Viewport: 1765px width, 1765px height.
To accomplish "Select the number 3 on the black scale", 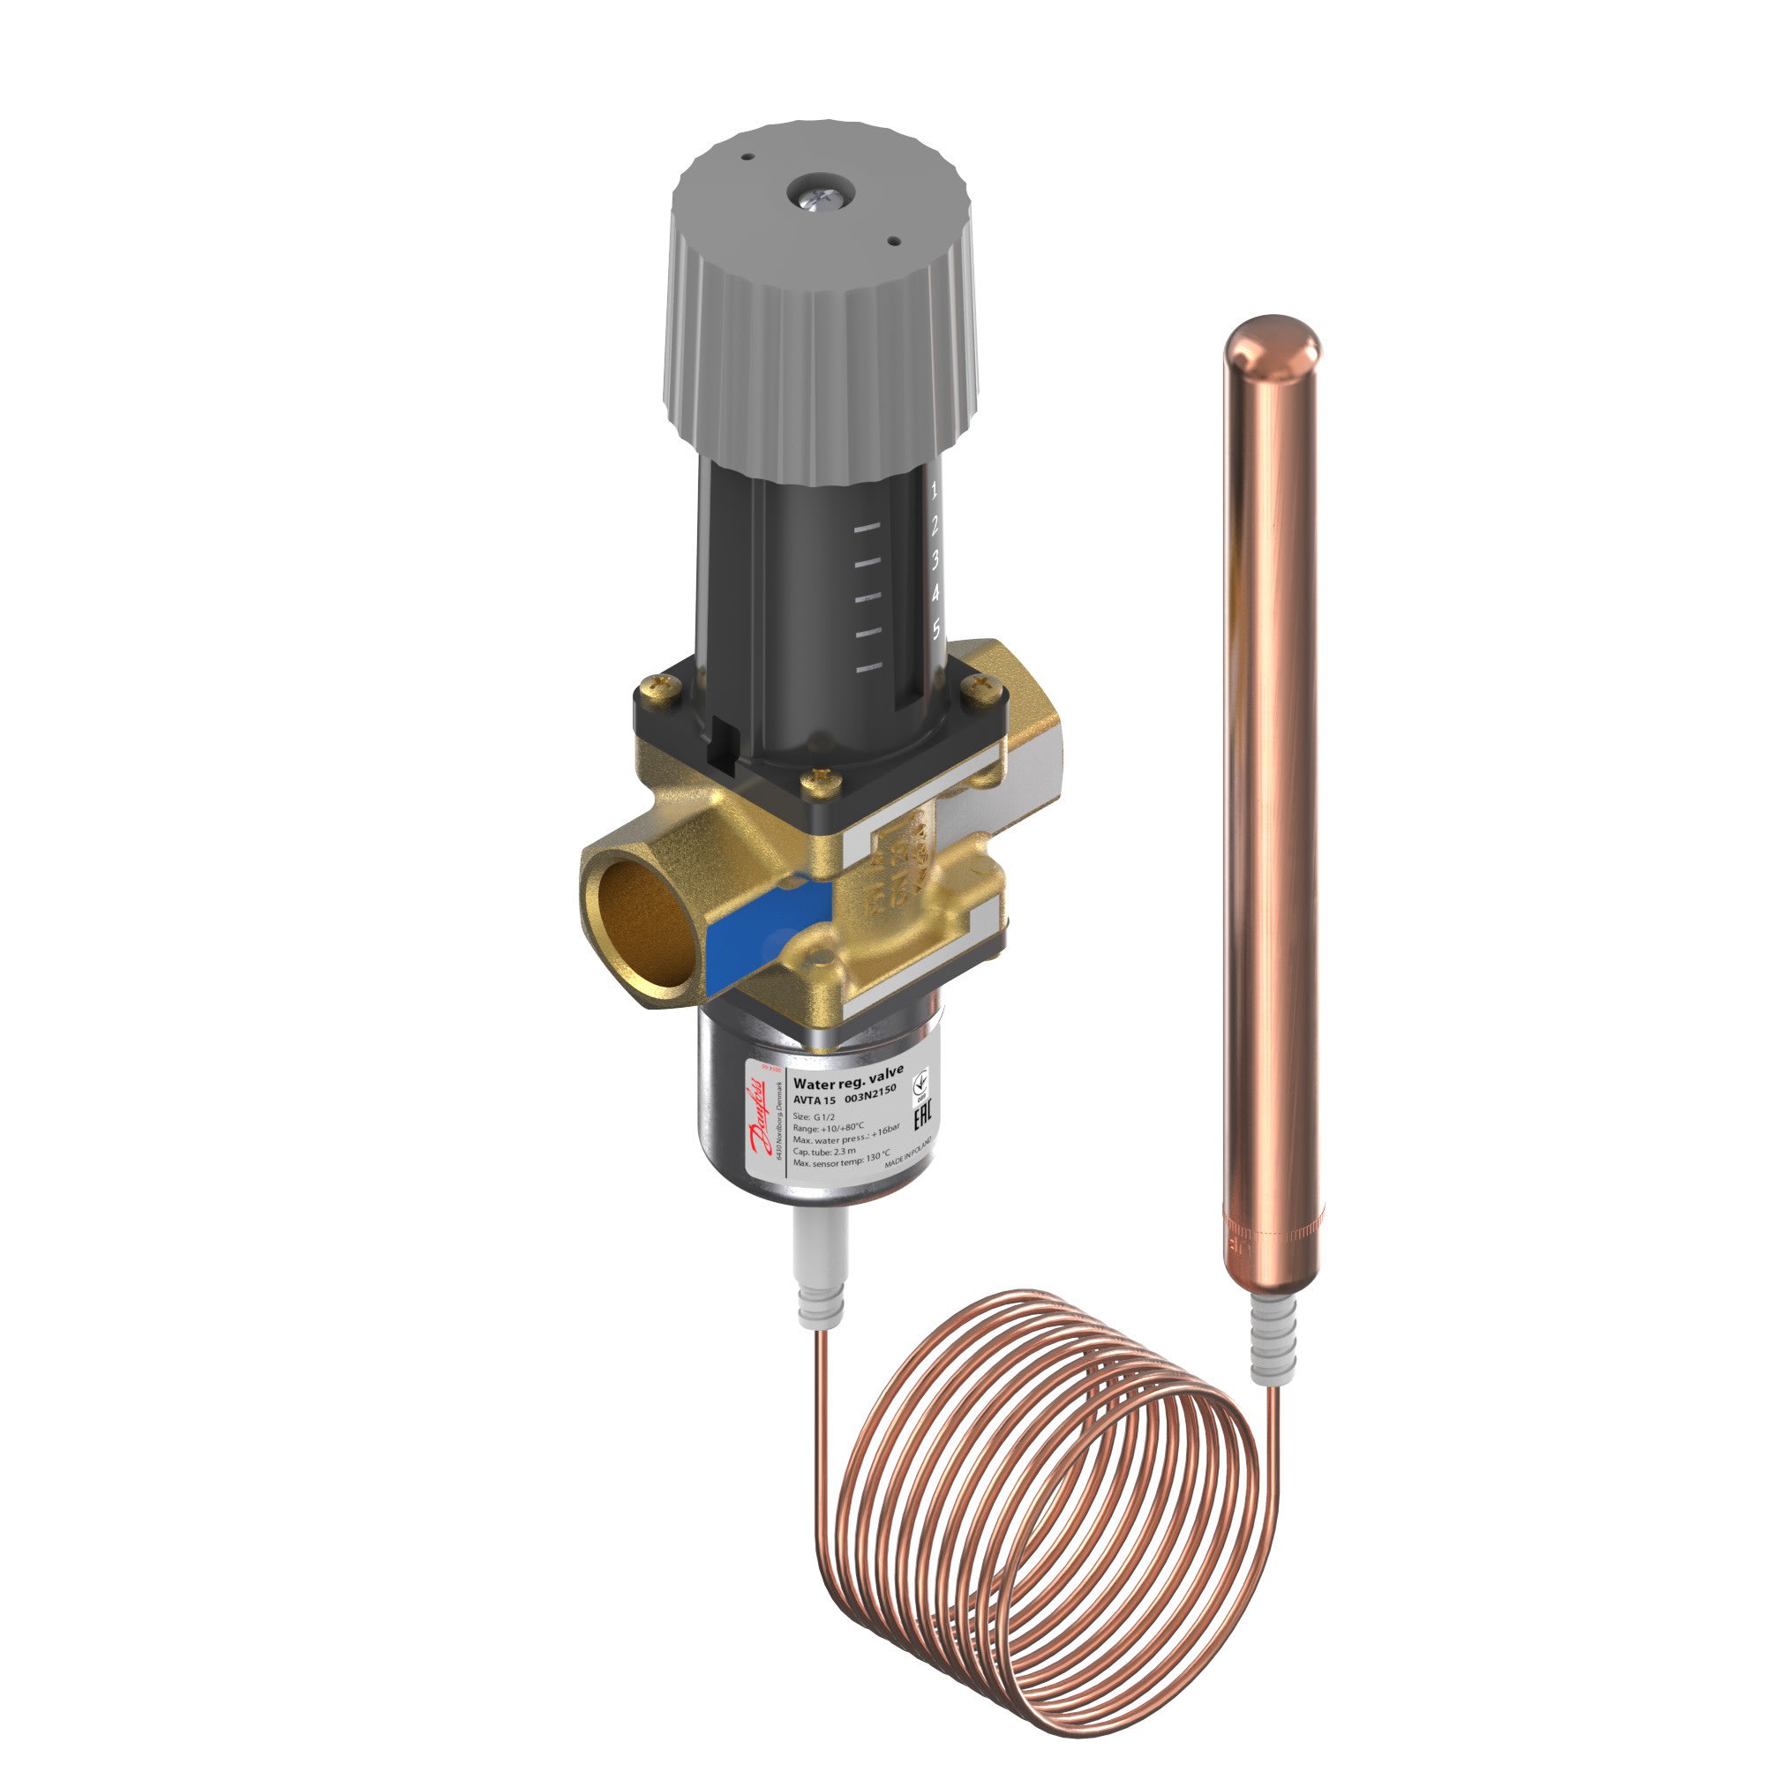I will [x=935, y=560].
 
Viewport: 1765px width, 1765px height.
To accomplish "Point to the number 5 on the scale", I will [x=936, y=628].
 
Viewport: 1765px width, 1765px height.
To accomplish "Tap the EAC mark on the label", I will [x=923, y=1116].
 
